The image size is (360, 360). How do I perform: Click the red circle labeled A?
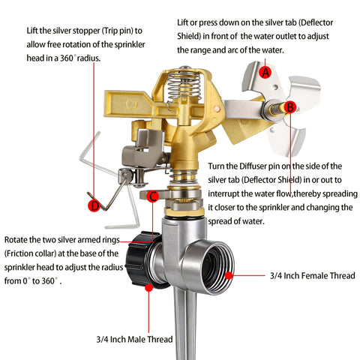(265, 72)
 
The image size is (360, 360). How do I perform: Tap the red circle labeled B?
(290, 107)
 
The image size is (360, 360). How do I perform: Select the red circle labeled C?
(152, 196)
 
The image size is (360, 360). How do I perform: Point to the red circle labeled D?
(94, 205)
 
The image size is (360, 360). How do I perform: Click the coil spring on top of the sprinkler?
(184, 85)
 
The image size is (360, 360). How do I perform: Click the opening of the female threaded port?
(217, 268)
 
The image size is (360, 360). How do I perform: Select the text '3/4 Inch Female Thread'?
(313, 276)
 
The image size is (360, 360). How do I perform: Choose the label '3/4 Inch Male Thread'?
(134, 339)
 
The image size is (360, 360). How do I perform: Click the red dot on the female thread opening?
(229, 275)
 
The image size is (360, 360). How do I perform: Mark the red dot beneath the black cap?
(148, 287)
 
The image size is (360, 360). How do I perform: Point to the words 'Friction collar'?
(30, 253)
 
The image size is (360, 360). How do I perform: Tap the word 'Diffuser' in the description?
(253, 166)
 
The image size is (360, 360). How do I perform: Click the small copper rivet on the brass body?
(217, 109)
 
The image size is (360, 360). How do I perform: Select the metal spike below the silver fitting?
(185, 325)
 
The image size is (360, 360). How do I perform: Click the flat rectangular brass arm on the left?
(129, 103)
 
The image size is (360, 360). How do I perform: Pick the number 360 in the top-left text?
(67, 58)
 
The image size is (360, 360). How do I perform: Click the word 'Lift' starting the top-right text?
(183, 22)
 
